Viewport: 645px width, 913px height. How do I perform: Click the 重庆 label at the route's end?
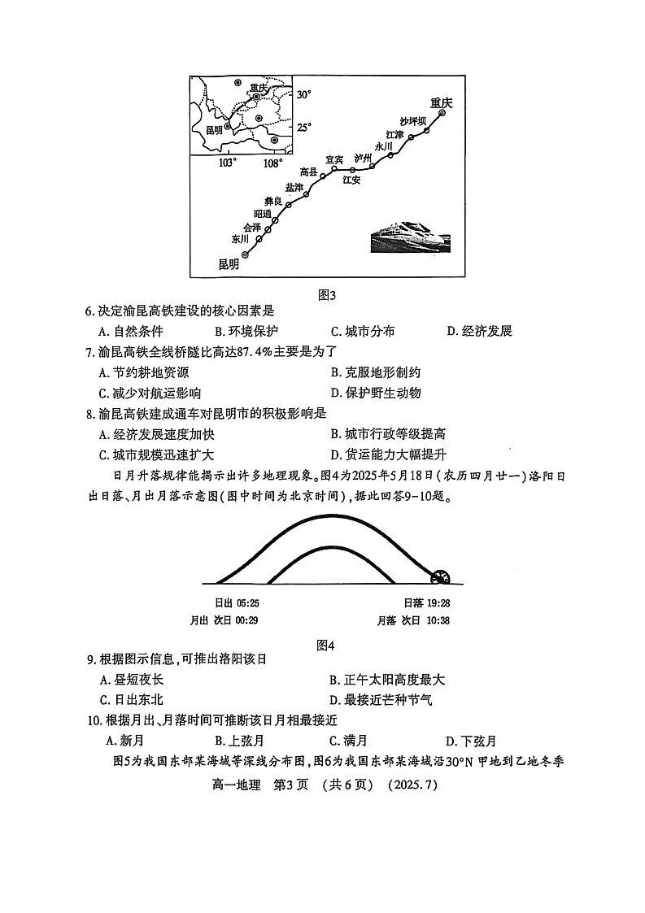pyautogui.click(x=441, y=102)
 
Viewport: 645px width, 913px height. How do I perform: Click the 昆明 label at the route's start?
pyautogui.click(x=229, y=263)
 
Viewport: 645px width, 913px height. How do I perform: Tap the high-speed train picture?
pyautogui.click(x=408, y=240)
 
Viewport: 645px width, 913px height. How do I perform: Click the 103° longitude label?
pyautogui.click(x=228, y=163)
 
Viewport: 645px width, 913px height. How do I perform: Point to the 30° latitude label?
pyautogui.click(x=303, y=95)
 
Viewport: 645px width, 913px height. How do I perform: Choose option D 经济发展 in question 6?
pyautogui.click(x=479, y=331)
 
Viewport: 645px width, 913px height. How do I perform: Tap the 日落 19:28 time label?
pyautogui.click(x=427, y=603)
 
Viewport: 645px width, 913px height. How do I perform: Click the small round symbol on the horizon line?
pyautogui.click(x=442, y=576)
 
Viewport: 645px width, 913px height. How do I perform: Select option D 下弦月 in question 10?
pyautogui.click(x=471, y=741)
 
